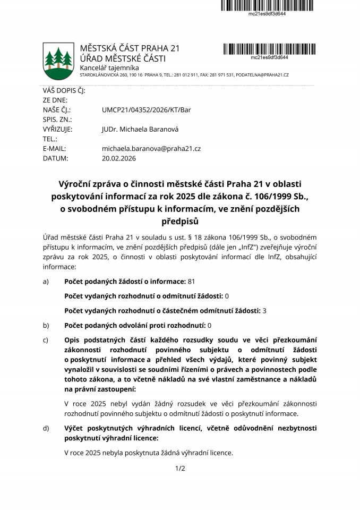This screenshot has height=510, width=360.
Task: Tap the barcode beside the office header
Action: tap(269, 48)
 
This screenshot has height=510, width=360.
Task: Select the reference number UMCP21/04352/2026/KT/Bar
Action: tap(146, 110)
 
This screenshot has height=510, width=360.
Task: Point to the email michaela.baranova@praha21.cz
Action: tap(151, 149)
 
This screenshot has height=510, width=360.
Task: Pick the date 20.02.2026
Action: tap(119, 158)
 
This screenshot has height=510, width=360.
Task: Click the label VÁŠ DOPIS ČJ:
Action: tap(64, 91)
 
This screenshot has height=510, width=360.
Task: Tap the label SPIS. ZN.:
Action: tap(57, 120)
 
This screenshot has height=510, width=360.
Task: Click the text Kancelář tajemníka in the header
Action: tap(109, 68)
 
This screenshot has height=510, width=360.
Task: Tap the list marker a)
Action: tap(46, 281)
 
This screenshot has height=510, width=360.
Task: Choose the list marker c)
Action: tap(46, 339)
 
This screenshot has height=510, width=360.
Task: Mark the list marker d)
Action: tap(46, 428)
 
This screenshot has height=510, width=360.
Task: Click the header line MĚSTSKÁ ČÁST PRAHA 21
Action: tap(130, 48)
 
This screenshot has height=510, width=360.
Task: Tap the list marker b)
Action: tap(46, 325)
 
